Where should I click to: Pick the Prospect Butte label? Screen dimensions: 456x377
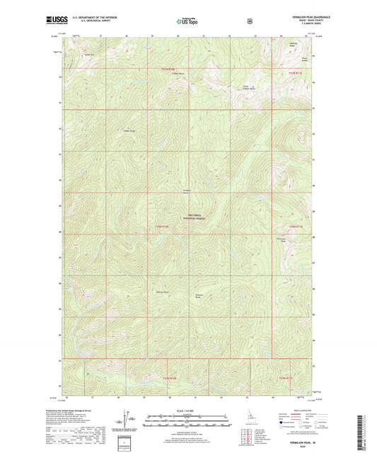tap(187, 192)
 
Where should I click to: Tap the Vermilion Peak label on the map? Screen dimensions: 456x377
tap(282, 241)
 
